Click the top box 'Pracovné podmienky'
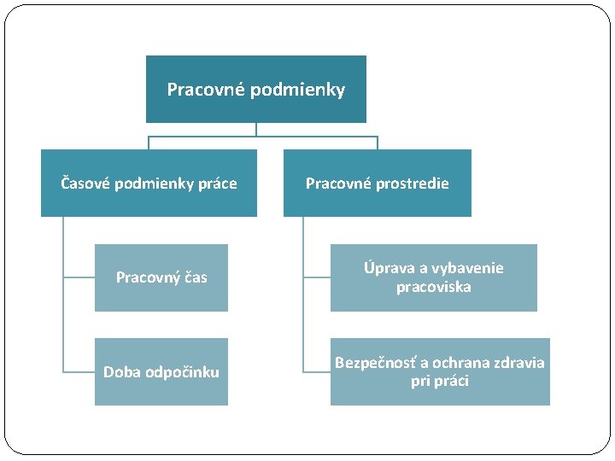[256, 90]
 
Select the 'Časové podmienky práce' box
[149, 184]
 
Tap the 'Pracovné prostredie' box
[377, 184]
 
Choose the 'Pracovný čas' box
[161, 277]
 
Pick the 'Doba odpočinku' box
[161, 372]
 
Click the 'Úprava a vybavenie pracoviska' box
[434, 277]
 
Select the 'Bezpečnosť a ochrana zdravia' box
[440, 371]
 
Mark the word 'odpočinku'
[182, 372]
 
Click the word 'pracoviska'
[434, 288]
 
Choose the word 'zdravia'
[518, 363]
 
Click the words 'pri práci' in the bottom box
[440, 382]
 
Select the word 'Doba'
[122, 372]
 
